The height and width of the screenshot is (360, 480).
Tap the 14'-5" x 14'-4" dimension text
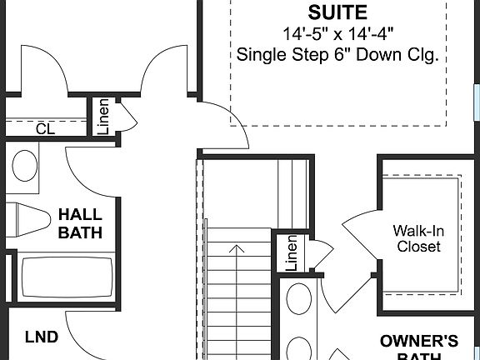click(337, 34)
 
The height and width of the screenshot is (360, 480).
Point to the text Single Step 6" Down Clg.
click(337, 55)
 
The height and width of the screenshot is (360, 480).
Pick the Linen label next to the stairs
click(292, 253)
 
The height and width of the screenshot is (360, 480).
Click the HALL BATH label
click(80, 223)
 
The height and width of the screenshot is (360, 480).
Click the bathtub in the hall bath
click(67, 277)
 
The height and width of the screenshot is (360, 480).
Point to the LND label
click(41, 337)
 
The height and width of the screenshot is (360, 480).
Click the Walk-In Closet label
click(418, 238)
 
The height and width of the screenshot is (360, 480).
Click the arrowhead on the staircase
click(239, 248)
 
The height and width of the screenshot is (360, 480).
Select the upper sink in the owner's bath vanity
click(297, 295)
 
